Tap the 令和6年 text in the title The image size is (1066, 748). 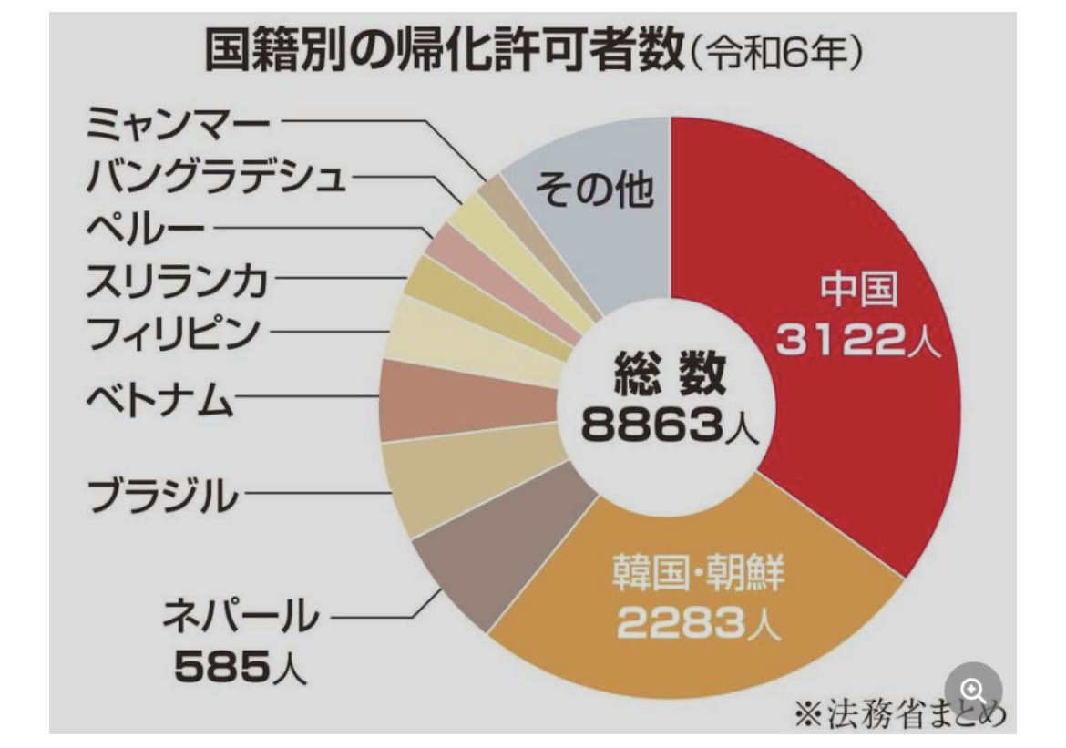point(775,56)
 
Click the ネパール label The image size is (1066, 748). point(241,617)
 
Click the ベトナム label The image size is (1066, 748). point(160,397)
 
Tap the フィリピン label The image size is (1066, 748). point(174,334)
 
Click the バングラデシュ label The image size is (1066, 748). point(217,176)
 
